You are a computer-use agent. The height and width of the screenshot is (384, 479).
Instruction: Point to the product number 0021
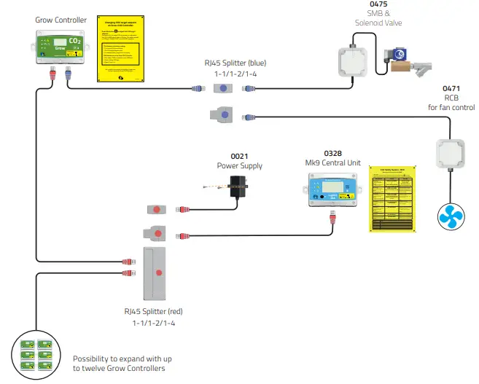[239, 156]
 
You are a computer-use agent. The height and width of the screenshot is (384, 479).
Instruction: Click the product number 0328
[332, 153]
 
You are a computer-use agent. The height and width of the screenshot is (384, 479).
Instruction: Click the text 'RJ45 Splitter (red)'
[153, 311]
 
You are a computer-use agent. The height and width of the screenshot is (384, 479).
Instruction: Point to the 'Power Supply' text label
[239, 165]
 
